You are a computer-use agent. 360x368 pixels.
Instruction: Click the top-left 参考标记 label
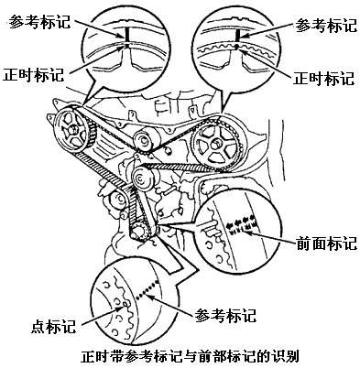pyautogui.click(x=39, y=22)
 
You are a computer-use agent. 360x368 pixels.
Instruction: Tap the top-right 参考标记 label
pyautogui.click(x=325, y=26)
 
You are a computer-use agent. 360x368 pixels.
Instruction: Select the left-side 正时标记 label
pyautogui.click(x=34, y=74)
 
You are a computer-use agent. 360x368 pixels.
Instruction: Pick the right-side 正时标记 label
pyautogui.click(x=323, y=78)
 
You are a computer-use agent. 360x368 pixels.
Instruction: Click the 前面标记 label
pyautogui.click(x=327, y=244)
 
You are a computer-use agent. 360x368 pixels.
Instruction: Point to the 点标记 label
pyautogui.click(x=53, y=327)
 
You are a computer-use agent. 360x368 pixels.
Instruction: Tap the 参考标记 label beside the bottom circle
pyautogui.click(x=225, y=315)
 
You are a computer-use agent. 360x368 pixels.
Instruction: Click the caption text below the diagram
pyautogui.click(x=190, y=356)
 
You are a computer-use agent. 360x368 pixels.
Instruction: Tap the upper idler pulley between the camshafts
pyautogui.click(x=144, y=140)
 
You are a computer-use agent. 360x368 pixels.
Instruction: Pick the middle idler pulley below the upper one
pyautogui.click(x=143, y=179)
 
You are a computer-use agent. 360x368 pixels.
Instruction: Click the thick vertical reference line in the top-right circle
pyautogui.click(x=236, y=37)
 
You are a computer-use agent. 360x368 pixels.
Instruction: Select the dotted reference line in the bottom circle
pyautogui.click(x=147, y=288)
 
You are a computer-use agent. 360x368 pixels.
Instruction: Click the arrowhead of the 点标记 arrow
pyautogui.click(x=123, y=307)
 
